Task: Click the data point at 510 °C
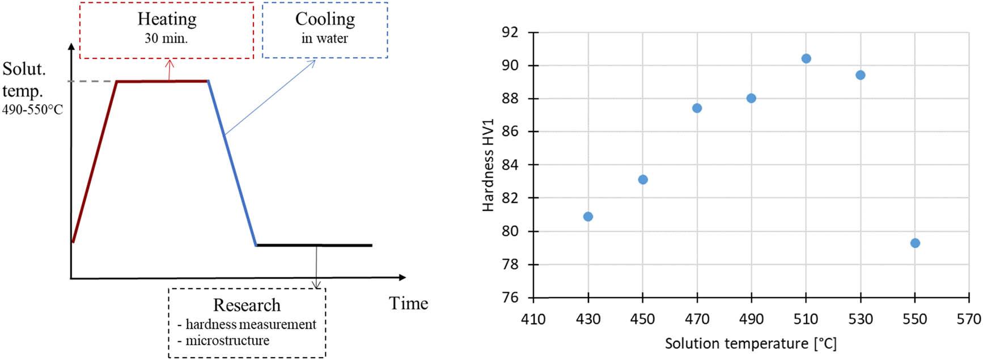pos(806,58)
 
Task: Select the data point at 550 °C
pos(915,243)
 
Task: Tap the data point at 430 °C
pos(588,217)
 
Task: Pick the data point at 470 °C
pos(697,108)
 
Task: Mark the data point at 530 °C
pos(860,75)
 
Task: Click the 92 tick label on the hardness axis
pos(510,32)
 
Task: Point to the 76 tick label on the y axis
pos(510,298)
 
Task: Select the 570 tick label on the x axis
pos(968,320)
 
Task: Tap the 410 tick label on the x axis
pos(533,320)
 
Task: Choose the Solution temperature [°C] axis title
pos(751,344)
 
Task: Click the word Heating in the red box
pos(167,19)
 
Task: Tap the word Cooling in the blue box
pos(325,19)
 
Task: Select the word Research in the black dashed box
pos(247,305)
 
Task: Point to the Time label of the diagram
pos(408,303)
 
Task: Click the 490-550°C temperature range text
pos(33,110)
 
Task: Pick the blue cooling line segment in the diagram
pos(232,163)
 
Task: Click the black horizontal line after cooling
pos(314,245)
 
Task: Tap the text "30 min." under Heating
pos(166,39)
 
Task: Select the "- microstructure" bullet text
pos(223,341)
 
